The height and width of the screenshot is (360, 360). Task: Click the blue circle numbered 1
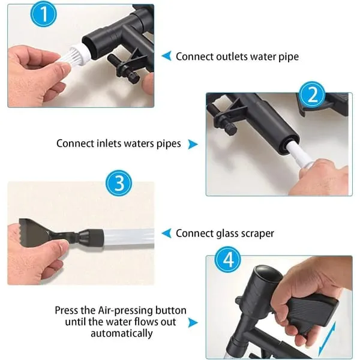pyautogui.click(x=43, y=14)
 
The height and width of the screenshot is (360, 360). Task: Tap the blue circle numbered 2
pyautogui.click(x=312, y=95)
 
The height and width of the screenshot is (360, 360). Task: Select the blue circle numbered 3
pyautogui.click(x=119, y=183)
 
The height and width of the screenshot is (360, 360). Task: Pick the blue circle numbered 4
pyautogui.click(x=228, y=260)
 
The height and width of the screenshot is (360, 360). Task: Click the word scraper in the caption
pyautogui.click(x=257, y=233)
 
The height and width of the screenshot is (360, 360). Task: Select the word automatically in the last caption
pyautogui.click(x=122, y=334)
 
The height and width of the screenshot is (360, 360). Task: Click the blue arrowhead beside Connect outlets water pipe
pyautogui.click(x=167, y=56)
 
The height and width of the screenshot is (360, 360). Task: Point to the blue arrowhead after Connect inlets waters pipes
pyautogui.click(x=193, y=144)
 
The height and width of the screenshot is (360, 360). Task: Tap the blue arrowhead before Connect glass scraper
pyautogui.click(x=167, y=233)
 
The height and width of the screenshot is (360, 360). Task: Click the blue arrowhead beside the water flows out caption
pyautogui.click(x=193, y=322)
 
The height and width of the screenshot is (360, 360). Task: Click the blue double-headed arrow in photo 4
pyautogui.click(x=327, y=338)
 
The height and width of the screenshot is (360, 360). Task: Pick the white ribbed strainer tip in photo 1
pyautogui.click(x=78, y=55)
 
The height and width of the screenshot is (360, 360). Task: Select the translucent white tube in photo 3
pyautogui.click(x=128, y=237)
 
